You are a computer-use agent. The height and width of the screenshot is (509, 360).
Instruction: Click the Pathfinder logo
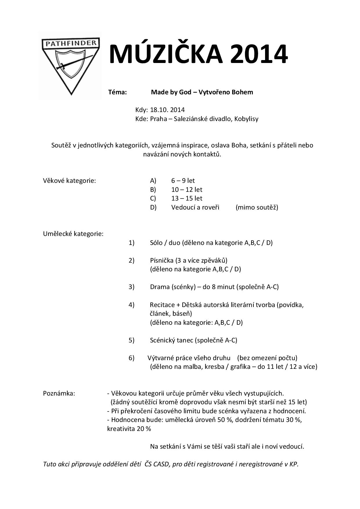pyautogui.click(x=71, y=65)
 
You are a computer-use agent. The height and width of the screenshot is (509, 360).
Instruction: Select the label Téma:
pyautogui.click(x=118, y=92)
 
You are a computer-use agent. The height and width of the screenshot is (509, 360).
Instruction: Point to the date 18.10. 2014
pyautogui.click(x=168, y=110)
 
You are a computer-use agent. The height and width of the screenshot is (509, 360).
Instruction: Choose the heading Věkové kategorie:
pyautogui.click(x=69, y=181)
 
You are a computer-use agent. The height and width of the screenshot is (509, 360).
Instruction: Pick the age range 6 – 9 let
pyautogui.click(x=183, y=181)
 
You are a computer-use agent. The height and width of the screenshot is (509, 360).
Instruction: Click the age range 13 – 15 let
pyautogui.click(x=187, y=198)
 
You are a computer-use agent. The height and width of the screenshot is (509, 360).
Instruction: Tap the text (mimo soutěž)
pyautogui.click(x=257, y=207)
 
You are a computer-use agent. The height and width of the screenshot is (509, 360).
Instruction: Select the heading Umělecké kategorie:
pyautogui.click(x=73, y=234)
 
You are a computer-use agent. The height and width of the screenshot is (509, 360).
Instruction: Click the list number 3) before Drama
pyautogui.click(x=132, y=287)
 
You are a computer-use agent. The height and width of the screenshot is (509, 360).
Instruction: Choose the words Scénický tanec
pyautogui.click(x=172, y=340)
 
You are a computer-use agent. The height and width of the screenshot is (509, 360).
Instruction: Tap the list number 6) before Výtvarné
pyautogui.click(x=132, y=358)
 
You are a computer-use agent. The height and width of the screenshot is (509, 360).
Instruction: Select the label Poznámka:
pyautogui.click(x=59, y=394)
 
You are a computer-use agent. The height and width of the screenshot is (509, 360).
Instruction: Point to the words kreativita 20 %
pyautogui.click(x=129, y=429)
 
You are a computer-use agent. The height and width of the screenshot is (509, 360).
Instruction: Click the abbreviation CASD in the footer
pyautogui.click(x=161, y=464)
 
